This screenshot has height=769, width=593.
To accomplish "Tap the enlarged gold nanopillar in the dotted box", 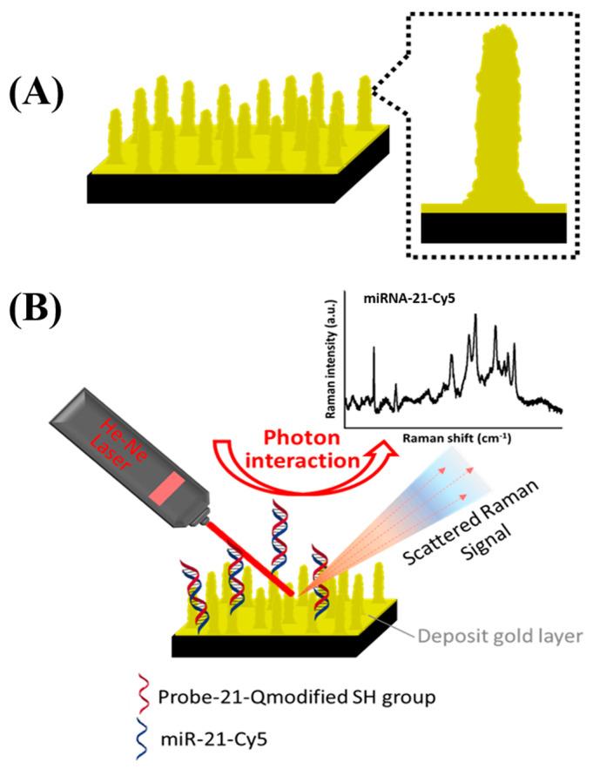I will click(493, 122).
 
